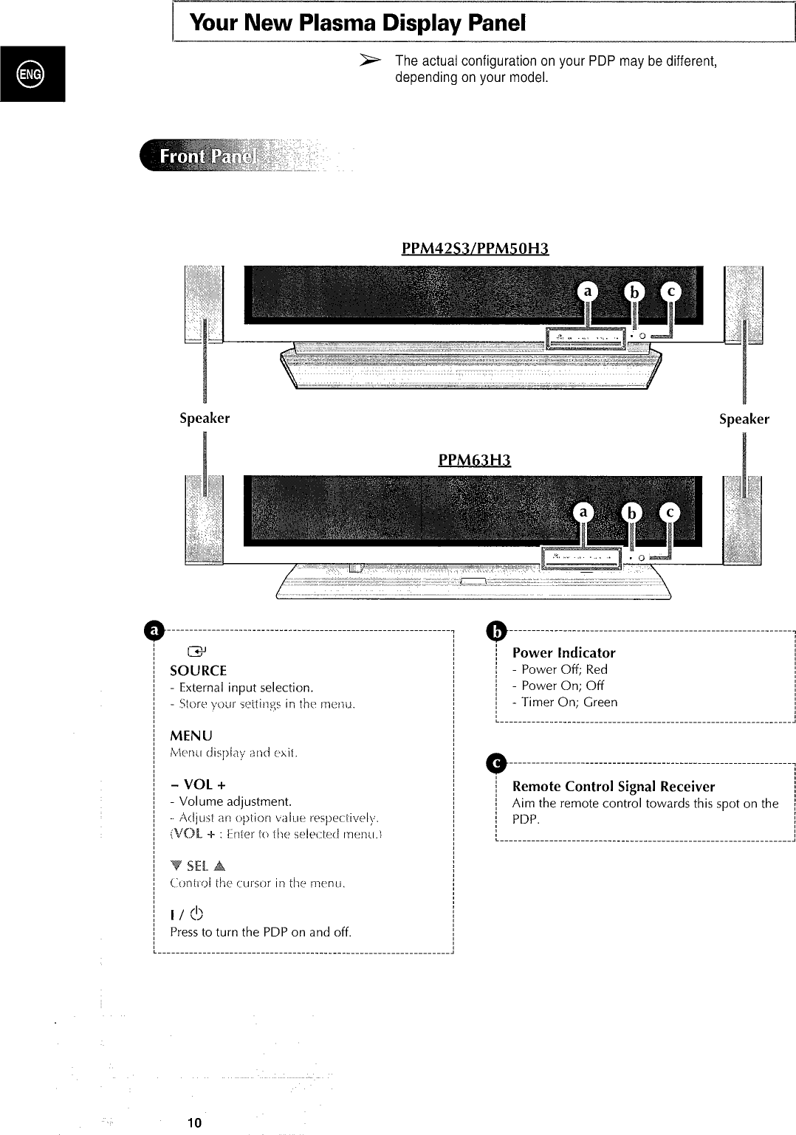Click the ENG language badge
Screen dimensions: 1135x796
pyautogui.click(x=32, y=73)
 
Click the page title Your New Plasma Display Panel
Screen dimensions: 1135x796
pyautogui.click(x=357, y=23)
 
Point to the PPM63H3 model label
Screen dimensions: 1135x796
pyautogui.click(x=475, y=460)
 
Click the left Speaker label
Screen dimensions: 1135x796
pyautogui.click(x=205, y=418)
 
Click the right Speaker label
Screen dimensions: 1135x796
pyautogui.click(x=744, y=419)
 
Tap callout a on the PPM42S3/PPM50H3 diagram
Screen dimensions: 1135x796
pyautogui.click(x=588, y=292)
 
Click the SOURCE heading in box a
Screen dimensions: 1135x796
pyautogui.click(x=198, y=671)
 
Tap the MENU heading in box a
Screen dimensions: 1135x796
pyautogui.click(x=191, y=736)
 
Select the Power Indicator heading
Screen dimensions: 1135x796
pyautogui.click(x=563, y=652)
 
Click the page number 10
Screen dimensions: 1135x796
pyautogui.click(x=194, y=1123)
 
